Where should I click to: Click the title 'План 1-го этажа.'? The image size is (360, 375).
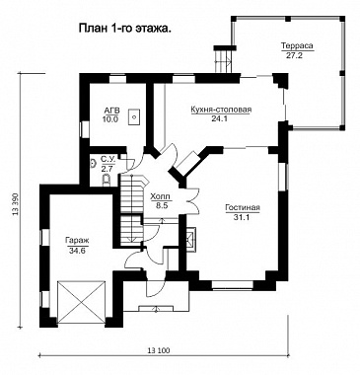(x=124, y=29)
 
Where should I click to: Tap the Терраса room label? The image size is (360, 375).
(x=297, y=46)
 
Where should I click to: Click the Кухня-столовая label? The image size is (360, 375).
(x=221, y=110)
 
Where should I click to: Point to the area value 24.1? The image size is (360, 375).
(x=220, y=119)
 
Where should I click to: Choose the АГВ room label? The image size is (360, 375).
(x=111, y=111)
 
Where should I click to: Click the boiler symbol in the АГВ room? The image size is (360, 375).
(x=134, y=116)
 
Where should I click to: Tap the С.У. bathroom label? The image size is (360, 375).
(x=108, y=160)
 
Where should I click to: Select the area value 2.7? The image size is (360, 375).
(x=107, y=170)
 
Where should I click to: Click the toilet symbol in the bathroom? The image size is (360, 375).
(x=107, y=181)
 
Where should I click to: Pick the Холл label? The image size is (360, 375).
(x=160, y=197)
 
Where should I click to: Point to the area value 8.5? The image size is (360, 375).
(x=160, y=206)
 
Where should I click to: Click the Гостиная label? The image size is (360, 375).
(x=243, y=207)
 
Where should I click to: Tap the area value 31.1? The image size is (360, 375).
(x=243, y=217)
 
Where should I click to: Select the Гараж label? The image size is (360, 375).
(x=77, y=241)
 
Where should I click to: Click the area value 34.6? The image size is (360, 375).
(x=77, y=251)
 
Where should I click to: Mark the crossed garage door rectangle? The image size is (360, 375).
(x=81, y=301)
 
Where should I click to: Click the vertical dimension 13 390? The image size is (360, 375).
(x=15, y=203)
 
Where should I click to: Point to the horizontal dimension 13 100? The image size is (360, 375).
(x=159, y=350)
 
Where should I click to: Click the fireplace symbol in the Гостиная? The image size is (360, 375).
(x=190, y=239)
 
